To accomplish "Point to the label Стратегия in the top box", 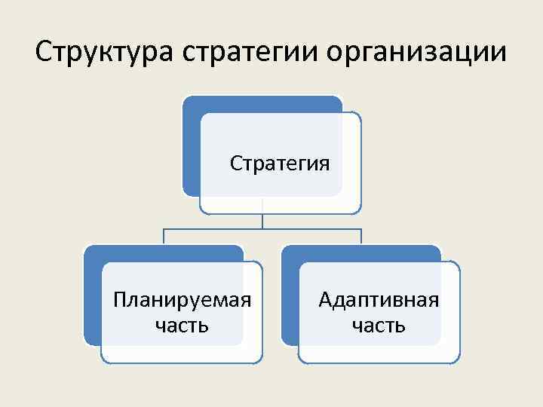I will tap(280, 163).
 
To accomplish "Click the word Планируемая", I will tap(181, 300).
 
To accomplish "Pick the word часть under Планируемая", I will tap(181, 326).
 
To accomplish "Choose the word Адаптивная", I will tap(379, 300).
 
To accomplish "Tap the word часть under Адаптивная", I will tap(379, 326).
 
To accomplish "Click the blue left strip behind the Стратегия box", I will tap(191, 151).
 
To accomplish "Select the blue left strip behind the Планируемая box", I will tap(92, 301).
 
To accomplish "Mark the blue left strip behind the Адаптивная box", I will tap(290, 301).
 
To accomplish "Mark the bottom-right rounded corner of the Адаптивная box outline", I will tap(456, 360).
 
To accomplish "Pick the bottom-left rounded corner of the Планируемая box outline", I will tap(105, 360).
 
